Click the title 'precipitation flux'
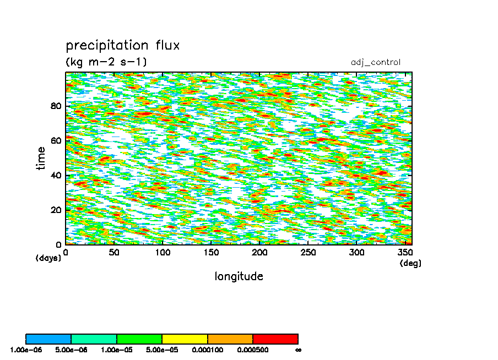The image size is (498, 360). coord(123,45)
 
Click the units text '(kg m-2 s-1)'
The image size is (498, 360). coord(106,61)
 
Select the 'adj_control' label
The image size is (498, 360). coord(375,62)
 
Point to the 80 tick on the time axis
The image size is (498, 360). coord(56,106)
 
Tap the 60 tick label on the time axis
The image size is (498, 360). coord(56,140)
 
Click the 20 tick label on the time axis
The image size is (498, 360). coord(56,210)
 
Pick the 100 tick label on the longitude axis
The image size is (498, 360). coord(163,253)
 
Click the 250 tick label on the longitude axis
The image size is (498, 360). coord(308,253)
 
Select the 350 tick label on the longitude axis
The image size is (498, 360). coord(405,253)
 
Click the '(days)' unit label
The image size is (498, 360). coord(48,258)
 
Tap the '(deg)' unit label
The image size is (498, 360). coord(410,263)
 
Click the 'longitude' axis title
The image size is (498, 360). coord(239,276)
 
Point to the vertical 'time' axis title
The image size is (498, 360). coord(41,159)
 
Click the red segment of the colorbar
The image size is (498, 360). coord(275,339)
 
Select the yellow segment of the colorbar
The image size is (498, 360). coord(185,339)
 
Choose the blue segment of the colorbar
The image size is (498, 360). coord(48,339)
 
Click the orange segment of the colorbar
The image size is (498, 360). coord(230,339)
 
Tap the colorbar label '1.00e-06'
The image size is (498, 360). coord(26,350)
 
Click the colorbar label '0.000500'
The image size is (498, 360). coord(253,350)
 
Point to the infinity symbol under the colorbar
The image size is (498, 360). coord(298,351)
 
